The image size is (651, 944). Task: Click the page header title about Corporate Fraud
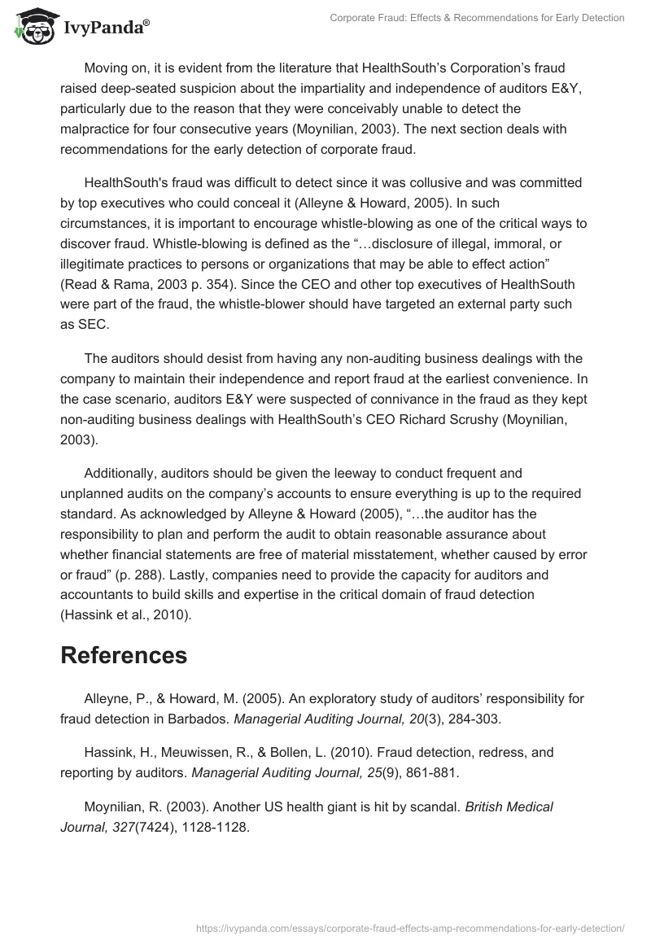tap(477, 18)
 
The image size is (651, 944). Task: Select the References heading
tap(124, 654)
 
